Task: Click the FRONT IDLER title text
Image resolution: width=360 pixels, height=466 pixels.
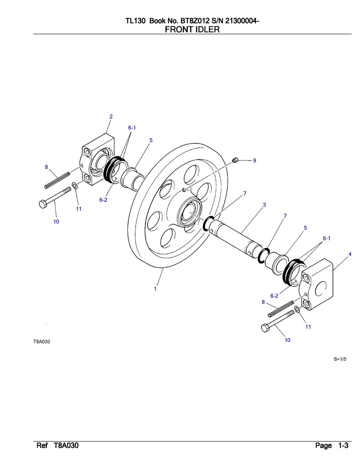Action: click(192, 30)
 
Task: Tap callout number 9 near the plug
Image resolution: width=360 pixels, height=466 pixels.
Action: click(255, 161)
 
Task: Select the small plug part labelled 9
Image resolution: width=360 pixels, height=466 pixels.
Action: click(236, 161)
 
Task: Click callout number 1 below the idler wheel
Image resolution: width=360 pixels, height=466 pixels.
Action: click(155, 289)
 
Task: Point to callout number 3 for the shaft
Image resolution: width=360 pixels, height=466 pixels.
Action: click(264, 205)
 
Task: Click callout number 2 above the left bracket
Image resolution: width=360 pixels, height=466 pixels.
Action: click(111, 117)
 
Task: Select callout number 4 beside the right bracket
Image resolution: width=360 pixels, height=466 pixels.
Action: click(350, 254)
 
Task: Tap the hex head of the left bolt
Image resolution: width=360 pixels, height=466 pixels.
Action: click(43, 204)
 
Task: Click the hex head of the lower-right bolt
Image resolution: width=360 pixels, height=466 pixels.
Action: click(265, 328)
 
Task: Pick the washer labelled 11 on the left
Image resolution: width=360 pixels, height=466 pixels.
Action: click(75, 186)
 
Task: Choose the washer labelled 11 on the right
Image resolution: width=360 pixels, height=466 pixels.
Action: click(297, 309)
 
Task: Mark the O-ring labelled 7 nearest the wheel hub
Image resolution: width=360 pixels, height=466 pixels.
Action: click(209, 224)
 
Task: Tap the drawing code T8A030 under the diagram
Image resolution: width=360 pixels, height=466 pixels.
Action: click(41, 342)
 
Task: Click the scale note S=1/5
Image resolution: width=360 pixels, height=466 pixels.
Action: click(340, 359)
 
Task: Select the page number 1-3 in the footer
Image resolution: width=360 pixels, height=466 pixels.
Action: click(343, 446)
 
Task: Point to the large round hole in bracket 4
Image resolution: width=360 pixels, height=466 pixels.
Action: click(321, 289)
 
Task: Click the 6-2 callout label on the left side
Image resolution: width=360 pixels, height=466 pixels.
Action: click(103, 200)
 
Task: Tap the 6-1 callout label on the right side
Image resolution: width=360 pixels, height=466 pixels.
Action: click(327, 238)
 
